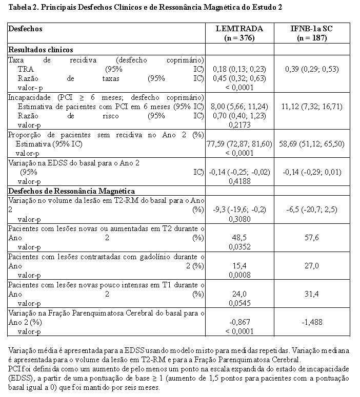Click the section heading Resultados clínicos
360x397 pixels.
pos(41,50)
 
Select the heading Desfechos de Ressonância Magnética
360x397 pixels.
pos(71,191)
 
